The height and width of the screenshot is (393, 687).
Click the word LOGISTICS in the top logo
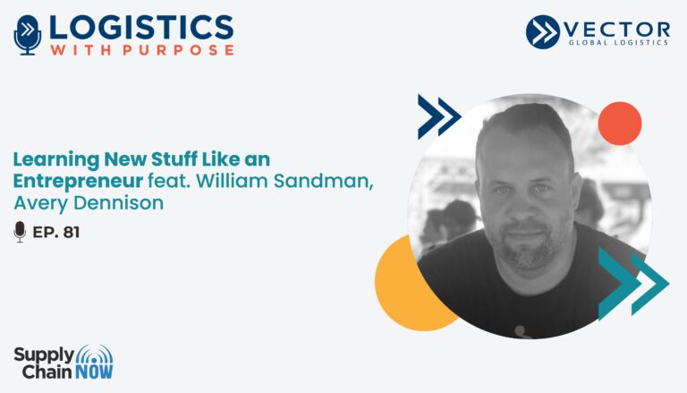(141, 28)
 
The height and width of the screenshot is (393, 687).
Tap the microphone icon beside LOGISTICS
(28, 35)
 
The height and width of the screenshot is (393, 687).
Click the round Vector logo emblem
(542, 31)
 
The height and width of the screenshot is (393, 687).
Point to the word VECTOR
(616, 30)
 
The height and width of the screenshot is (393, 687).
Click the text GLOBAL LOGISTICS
(618, 43)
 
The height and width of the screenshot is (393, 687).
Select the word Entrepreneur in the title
(78, 181)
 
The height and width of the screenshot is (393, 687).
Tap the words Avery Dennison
(89, 202)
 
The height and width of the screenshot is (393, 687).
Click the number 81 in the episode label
(72, 232)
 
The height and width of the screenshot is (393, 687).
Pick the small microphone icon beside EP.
(20, 232)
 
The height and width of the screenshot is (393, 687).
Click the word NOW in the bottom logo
(94, 372)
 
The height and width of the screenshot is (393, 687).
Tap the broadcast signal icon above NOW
(94, 355)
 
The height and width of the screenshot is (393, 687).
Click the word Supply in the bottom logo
(44, 355)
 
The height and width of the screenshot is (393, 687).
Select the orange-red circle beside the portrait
(620, 124)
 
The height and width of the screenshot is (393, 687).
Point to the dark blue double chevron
(438, 116)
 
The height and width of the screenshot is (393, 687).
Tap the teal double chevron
(633, 284)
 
